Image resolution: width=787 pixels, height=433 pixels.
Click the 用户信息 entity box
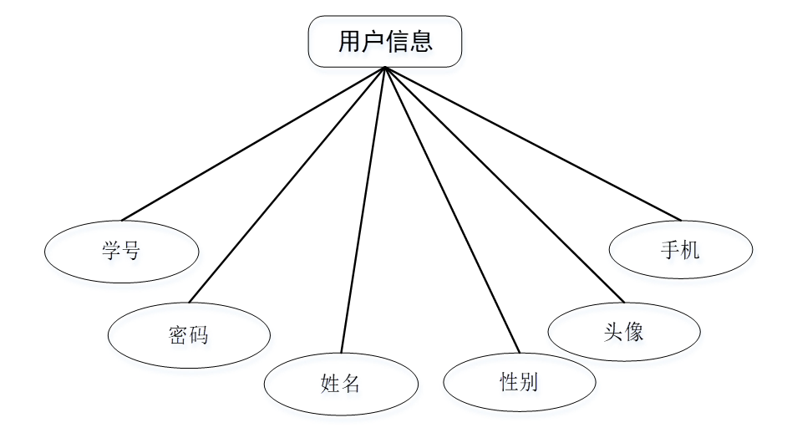[x=385, y=42]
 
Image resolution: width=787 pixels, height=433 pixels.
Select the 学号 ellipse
[x=122, y=251]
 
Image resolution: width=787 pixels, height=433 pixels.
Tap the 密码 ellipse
[x=189, y=335]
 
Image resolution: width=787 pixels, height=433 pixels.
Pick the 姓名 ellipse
[x=341, y=384]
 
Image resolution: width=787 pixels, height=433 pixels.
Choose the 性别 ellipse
[x=519, y=383]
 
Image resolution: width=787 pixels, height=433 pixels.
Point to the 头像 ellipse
[x=623, y=332]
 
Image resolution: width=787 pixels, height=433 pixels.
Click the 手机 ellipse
[x=681, y=249]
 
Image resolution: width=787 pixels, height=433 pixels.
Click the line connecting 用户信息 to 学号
[x=252, y=144]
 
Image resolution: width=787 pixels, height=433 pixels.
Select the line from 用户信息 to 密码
[x=288, y=184]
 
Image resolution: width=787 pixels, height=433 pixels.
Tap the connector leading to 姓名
[x=363, y=209]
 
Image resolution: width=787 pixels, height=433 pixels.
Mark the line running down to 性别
[x=452, y=209]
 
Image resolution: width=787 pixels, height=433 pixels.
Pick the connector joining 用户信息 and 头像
[x=505, y=184]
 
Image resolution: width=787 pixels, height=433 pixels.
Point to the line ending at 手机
[x=533, y=144]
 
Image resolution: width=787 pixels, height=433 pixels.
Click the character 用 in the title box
[x=349, y=42]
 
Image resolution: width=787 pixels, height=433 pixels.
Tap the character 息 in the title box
[x=422, y=42]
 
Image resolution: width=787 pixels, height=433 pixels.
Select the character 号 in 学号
[x=132, y=251]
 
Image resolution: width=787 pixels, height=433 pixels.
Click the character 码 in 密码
[x=199, y=335]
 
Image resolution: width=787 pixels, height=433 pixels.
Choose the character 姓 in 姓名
[x=330, y=384]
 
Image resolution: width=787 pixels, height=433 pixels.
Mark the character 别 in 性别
[x=529, y=383]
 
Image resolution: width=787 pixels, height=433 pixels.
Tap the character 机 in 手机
[x=691, y=249]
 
